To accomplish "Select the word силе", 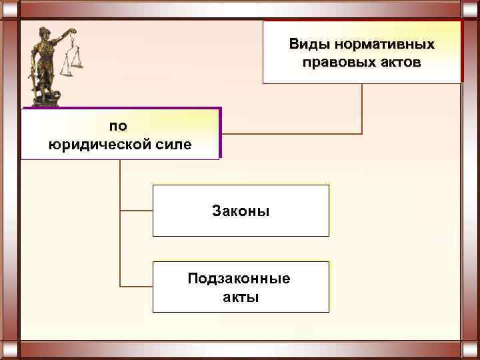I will [174, 143].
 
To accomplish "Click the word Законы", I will [241, 211].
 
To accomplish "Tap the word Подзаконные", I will [239, 278].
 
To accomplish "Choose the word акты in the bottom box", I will [241, 296].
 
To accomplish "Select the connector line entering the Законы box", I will [136, 211].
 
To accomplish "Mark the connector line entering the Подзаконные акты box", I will [136, 287].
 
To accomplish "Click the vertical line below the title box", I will [362, 107].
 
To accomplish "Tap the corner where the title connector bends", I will [362, 134].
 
